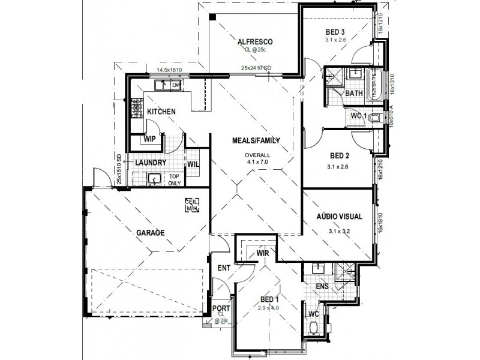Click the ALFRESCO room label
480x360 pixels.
tap(256, 41)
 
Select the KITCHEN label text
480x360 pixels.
tap(161, 112)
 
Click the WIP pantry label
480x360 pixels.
tap(149, 139)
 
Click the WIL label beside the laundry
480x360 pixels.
tap(193, 163)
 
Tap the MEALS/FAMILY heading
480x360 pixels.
tap(257, 141)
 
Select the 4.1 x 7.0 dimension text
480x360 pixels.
tap(257, 162)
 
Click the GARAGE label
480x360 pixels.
tap(150, 233)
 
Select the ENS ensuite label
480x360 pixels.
tap(323, 286)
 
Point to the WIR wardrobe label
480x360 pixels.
tap(262, 254)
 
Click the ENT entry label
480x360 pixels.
tap(224, 268)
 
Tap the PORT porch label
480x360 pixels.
tap(220, 309)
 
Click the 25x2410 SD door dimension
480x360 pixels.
tap(257, 67)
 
